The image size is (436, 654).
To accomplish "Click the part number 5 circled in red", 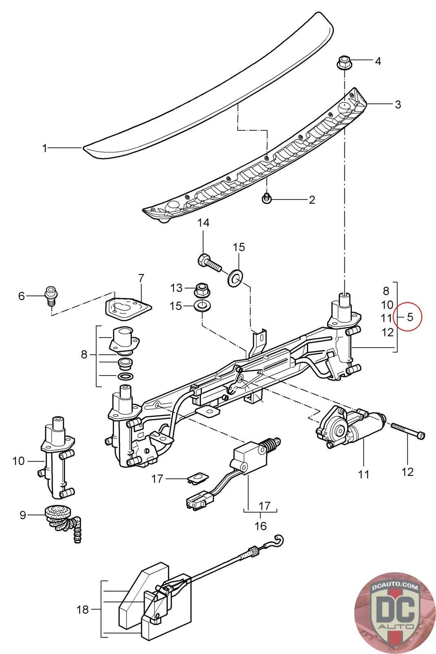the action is (410, 317).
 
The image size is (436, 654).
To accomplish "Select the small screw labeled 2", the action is (266, 198).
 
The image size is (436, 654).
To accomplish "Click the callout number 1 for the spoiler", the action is (45, 148).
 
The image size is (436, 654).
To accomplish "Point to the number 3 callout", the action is (398, 105).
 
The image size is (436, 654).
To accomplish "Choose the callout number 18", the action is (82, 609).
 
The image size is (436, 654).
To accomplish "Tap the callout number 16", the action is (261, 526).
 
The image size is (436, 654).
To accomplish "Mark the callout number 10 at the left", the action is (18, 461).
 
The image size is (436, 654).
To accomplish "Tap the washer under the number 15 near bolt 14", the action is (234, 278).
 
